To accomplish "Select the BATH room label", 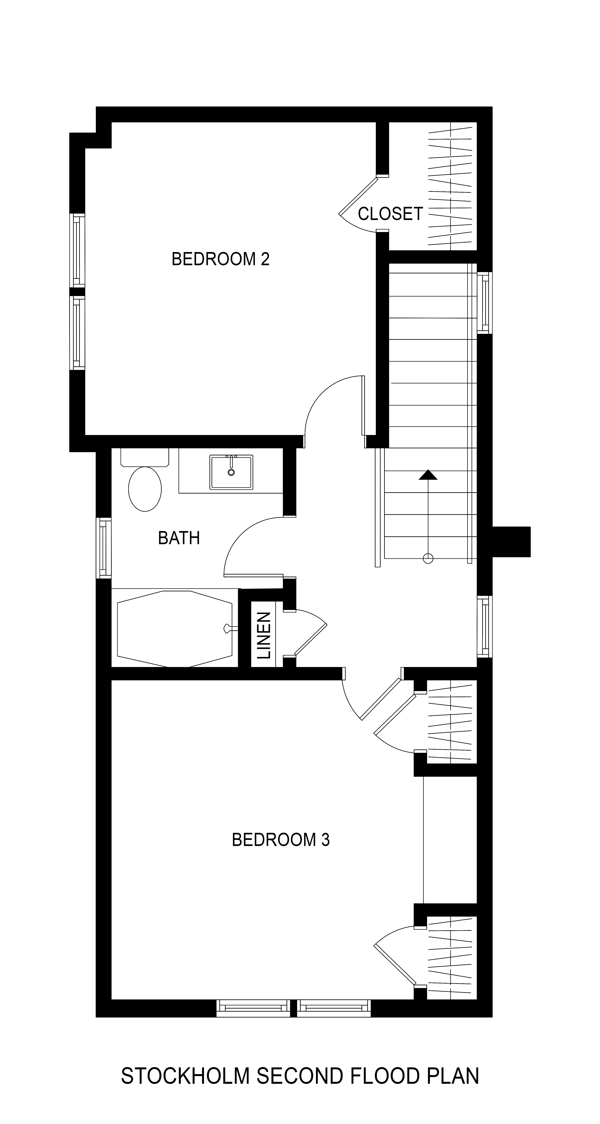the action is [x=179, y=538].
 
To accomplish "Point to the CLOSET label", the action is [x=390, y=214].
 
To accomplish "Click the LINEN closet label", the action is [x=264, y=635].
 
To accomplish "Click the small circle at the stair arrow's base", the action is [x=428, y=558].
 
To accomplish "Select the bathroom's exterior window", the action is [x=104, y=548].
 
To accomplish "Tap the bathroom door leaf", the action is [x=254, y=575].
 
